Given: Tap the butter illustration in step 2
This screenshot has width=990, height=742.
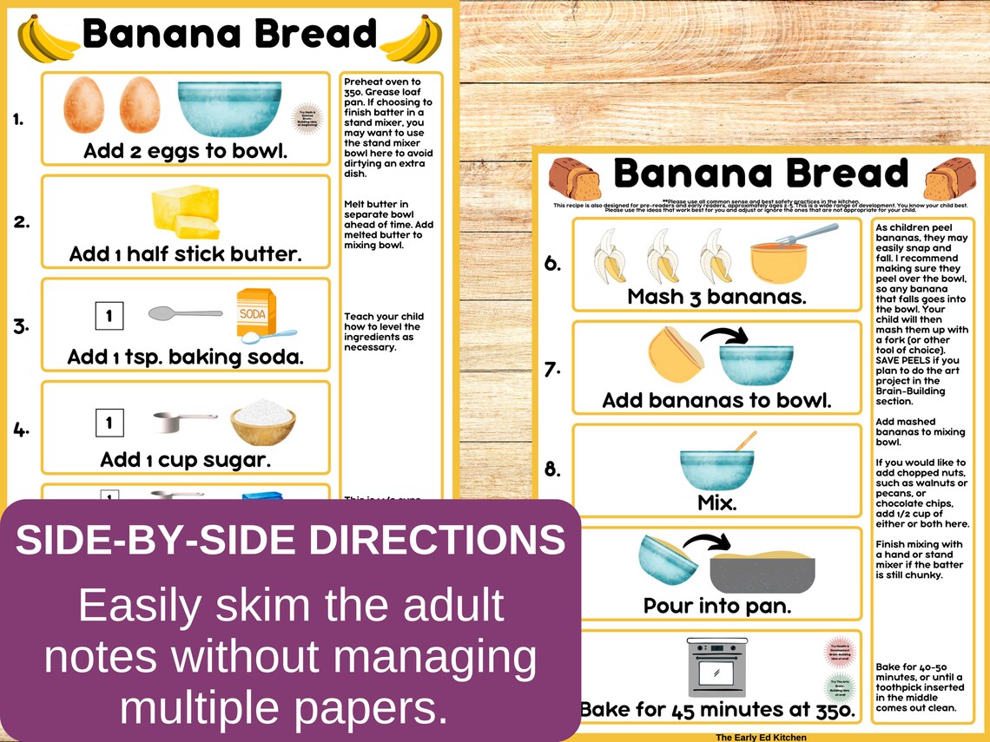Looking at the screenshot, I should pyautogui.click(x=186, y=211).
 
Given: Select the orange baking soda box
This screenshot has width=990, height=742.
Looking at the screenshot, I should pyautogui.click(x=257, y=313).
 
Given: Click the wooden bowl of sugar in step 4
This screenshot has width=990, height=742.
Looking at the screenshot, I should pyautogui.click(x=262, y=421).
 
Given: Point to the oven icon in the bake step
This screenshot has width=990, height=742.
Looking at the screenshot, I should pyautogui.click(x=716, y=666).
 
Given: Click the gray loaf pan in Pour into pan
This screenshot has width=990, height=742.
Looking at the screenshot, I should pyautogui.click(x=762, y=570).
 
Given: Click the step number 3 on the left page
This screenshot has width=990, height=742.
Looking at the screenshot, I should pyautogui.click(x=21, y=326).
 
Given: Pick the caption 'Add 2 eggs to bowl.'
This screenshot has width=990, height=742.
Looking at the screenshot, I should pyautogui.click(x=185, y=151).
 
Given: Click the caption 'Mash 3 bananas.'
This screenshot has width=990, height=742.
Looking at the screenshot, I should pyautogui.click(x=716, y=296).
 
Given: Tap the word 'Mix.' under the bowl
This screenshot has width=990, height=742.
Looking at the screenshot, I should pyautogui.click(x=716, y=502).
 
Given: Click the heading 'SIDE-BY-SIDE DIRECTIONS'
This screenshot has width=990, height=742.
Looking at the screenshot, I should pyautogui.click(x=290, y=541).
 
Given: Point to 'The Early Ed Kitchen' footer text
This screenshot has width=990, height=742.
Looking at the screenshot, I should pyautogui.click(x=760, y=737).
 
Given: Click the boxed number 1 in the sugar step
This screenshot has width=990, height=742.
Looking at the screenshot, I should pyautogui.click(x=109, y=423).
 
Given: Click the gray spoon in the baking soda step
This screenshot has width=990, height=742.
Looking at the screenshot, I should pyautogui.click(x=184, y=312).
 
